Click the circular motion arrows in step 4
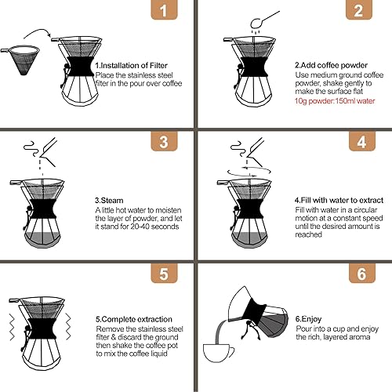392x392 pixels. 236,167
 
